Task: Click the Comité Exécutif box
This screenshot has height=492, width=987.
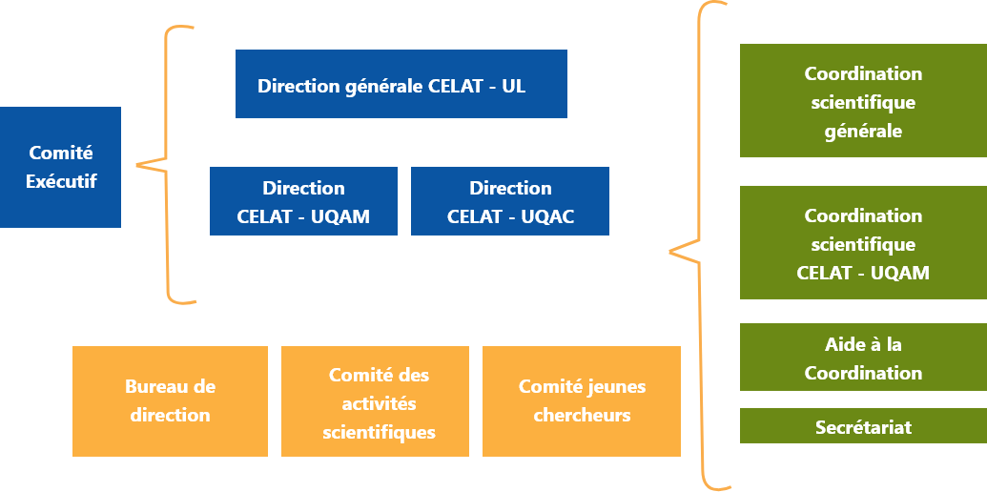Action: (60, 167)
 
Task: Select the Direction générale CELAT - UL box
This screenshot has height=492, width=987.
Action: (401, 84)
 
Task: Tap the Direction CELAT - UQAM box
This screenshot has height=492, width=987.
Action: (303, 201)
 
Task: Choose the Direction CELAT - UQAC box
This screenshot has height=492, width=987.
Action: (509, 201)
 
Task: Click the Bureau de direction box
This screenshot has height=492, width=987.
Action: (170, 400)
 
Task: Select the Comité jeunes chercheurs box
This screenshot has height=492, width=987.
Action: (582, 400)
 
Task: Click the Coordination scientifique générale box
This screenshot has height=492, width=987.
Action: (863, 102)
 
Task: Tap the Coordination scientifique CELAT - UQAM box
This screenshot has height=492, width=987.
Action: (863, 243)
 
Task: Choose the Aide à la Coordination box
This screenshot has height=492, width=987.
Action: (863, 357)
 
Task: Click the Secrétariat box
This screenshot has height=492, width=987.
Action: (863, 426)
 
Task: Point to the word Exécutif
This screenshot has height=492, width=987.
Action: (61, 181)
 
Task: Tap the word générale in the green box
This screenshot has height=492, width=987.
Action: (863, 131)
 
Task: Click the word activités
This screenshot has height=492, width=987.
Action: (379, 403)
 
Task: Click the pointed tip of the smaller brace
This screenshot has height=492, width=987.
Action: (138, 166)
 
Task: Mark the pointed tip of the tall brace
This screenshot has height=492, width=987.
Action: (671, 252)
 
